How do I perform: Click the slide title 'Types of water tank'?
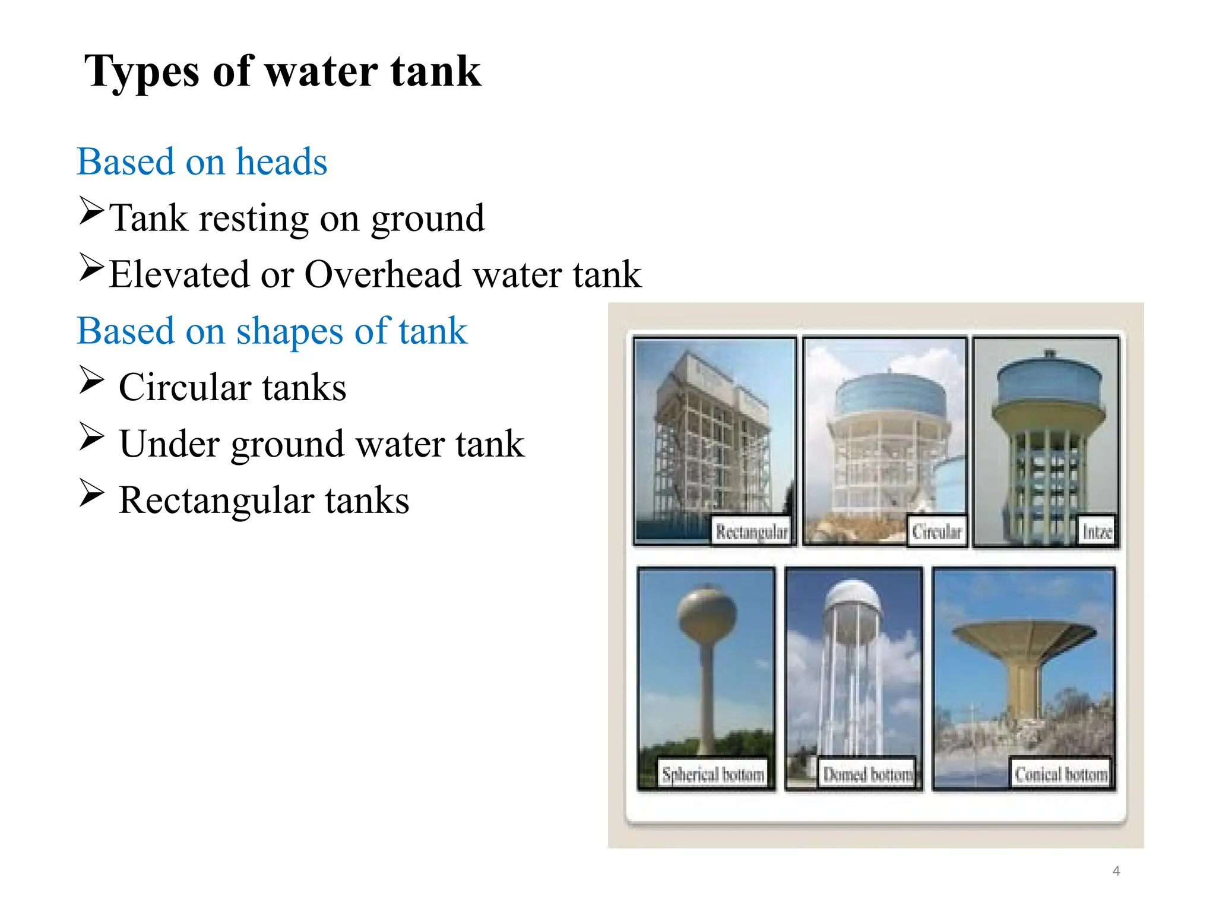282,72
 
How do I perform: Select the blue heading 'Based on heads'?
202,161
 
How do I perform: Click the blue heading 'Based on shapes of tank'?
272,331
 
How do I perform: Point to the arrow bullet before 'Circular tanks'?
91,380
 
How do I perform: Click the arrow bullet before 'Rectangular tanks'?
91,493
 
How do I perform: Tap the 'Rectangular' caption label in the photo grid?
751,531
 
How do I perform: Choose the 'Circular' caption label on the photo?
936,531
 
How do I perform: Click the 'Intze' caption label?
1097,531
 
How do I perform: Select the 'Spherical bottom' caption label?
712,774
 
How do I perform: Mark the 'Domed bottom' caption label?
867,774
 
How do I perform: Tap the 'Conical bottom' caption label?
1060,774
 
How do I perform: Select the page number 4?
1116,871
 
